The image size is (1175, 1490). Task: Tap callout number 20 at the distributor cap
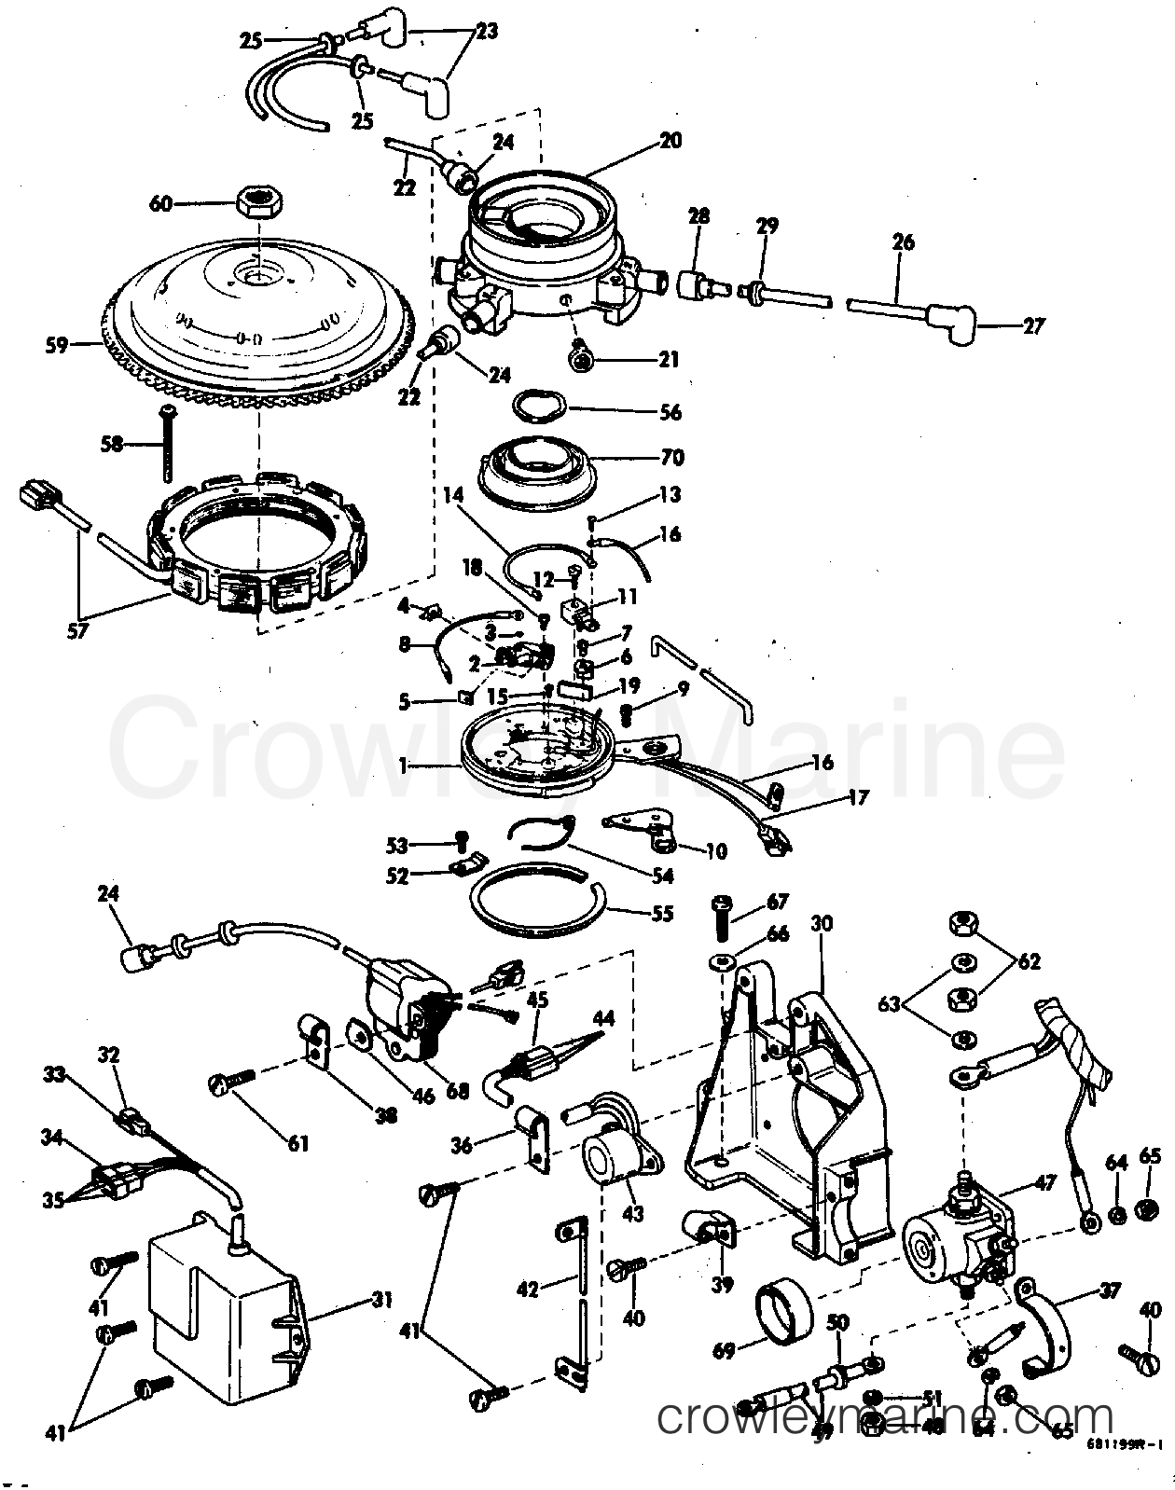(670, 141)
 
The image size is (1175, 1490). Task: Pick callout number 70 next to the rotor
(672, 458)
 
